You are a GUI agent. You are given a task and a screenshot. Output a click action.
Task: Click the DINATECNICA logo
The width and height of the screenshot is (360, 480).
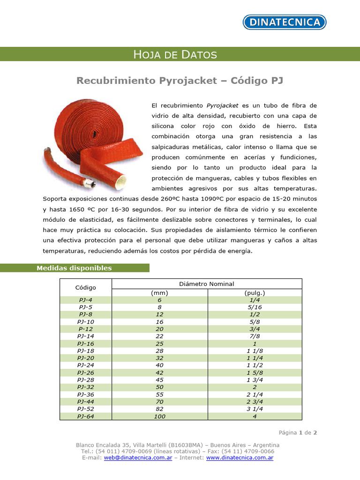tap(284, 22)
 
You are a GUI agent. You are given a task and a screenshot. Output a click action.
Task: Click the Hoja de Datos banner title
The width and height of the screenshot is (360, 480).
tap(175, 54)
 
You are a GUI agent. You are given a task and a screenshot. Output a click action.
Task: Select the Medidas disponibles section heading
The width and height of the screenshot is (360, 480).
tap(75, 268)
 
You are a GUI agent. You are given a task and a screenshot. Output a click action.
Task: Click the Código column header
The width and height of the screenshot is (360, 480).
tap(85, 287)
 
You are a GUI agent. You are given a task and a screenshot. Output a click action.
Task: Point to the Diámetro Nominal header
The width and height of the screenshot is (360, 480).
tap(207, 284)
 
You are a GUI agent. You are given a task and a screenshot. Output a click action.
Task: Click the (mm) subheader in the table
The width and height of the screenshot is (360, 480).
tap(159, 292)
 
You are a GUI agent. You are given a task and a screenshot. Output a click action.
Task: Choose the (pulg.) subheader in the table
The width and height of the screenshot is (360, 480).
tap(255, 292)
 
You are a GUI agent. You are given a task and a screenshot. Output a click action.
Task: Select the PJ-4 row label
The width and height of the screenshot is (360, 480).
tap(85, 300)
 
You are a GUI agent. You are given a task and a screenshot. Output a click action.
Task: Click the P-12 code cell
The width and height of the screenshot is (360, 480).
tap(85, 329)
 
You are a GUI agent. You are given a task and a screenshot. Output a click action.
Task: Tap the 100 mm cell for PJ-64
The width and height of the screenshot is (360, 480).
tap(159, 416)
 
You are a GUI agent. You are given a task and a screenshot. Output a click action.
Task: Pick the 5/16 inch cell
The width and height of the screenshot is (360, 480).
tap(255, 307)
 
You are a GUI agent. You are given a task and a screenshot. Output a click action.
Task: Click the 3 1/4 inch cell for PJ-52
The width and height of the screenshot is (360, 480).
tap(255, 409)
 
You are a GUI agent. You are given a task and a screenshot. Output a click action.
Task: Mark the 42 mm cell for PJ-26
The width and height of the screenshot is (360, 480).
tap(159, 373)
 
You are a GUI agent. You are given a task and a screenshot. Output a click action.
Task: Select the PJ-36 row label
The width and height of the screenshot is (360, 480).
tap(85, 394)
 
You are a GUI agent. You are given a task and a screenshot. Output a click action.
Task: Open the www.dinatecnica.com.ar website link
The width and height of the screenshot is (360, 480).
tap(240, 457)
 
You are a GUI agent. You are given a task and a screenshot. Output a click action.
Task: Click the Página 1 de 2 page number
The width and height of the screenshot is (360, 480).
tap(298, 433)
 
